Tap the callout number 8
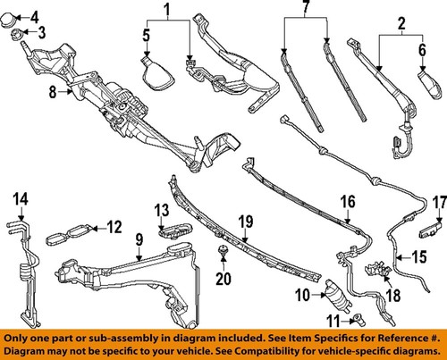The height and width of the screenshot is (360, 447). tap(52, 91)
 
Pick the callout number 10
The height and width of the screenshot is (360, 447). tap(303, 296)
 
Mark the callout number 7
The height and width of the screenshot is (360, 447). tap(305, 11)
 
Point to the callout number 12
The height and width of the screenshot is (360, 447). tap(114, 227)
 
